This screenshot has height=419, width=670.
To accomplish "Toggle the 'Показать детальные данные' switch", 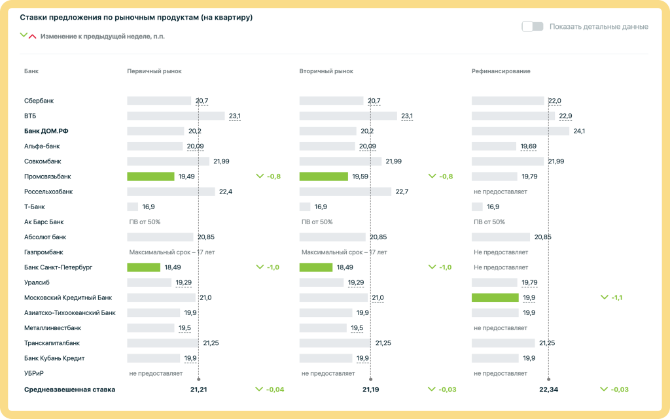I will point(533,27).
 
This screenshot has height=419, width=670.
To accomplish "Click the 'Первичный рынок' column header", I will point(154,71).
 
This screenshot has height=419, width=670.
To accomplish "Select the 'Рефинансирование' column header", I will point(501,71).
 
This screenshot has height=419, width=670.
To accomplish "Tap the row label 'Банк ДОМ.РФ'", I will point(46,131).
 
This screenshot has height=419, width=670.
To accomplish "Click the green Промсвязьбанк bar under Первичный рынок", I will point(150,176).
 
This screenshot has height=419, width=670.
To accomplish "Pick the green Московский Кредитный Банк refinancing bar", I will point(495,297).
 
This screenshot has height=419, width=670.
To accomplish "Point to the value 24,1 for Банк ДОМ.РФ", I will point(579,131).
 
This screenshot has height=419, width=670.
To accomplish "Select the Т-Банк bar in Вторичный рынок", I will point(305,207).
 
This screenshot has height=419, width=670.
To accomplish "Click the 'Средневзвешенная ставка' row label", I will point(69,390).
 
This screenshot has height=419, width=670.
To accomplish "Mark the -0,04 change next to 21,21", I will point(270,390).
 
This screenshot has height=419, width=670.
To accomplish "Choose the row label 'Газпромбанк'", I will point(43,252).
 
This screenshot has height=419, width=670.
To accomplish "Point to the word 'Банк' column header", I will point(31,71).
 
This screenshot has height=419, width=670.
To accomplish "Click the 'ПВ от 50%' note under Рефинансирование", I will point(489,222).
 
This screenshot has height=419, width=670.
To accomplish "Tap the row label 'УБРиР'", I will point(35,373).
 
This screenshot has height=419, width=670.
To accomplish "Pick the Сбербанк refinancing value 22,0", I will point(554,101).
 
